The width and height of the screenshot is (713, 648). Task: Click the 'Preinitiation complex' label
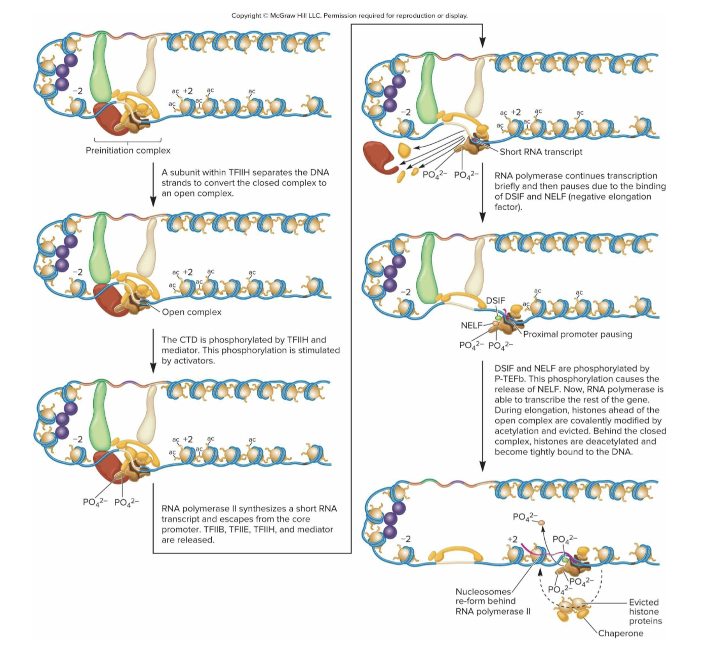click(x=128, y=150)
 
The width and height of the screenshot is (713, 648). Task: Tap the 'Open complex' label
click(x=191, y=312)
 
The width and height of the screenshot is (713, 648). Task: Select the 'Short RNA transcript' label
click(x=541, y=152)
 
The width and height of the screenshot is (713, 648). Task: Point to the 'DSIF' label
click(x=495, y=300)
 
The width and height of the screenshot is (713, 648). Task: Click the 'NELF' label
click(x=471, y=325)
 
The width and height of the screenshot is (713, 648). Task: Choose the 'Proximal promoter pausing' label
click(x=577, y=334)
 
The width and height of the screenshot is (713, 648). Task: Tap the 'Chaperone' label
click(x=620, y=633)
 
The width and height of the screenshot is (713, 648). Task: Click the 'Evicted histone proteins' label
click(x=645, y=612)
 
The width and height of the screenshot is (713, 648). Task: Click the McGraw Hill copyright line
click(x=349, y=16)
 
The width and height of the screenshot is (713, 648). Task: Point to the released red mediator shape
click(x=380, y=157)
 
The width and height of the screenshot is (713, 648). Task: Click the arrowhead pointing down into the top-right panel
click(x=482, y=43)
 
